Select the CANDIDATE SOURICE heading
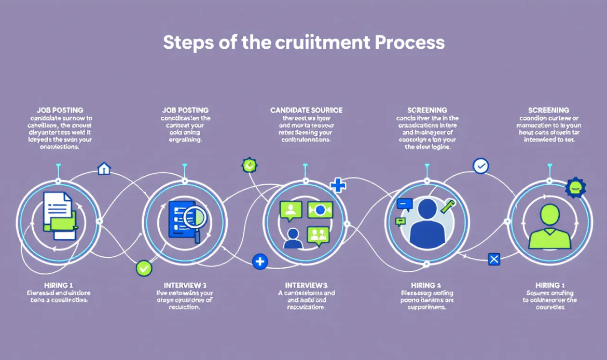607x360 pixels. click(x=306, y=110)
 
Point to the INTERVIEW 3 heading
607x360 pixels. click(x=185, y=285)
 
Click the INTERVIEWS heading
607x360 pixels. click(x=306, y=285)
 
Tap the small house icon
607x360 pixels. click(x=104, y=169)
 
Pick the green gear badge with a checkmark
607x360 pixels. click(x=250, y=165)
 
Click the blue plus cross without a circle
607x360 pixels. click(x=338, y=185)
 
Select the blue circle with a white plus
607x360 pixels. click(x=259, y=262)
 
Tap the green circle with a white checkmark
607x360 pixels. click(x=144, y=268)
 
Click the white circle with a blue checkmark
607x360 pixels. click(x=481, y=166)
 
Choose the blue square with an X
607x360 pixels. click(x=494, y=259)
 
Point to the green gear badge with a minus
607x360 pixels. click(x=575, y=187)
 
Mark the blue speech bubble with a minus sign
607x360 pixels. click(x=404, y=204)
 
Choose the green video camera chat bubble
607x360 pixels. click(x=320, y=210)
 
